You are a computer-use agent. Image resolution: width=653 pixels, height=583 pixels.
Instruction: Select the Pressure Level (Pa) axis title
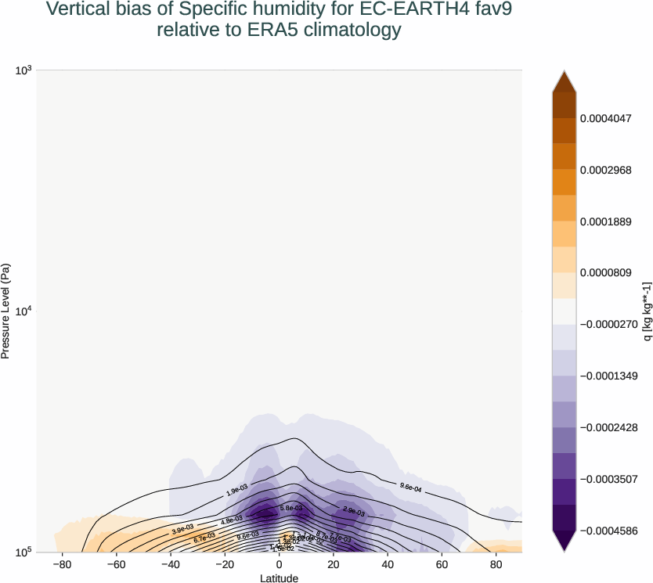click(6, 311)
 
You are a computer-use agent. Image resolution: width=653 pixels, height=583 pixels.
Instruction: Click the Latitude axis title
click(280, 578)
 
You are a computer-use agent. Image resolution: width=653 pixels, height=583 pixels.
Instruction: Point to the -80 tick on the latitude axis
click(62, 563)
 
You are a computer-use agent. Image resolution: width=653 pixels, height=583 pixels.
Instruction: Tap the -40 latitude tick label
click(170, 563)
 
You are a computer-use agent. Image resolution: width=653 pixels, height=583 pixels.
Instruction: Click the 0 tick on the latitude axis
click(280, 563)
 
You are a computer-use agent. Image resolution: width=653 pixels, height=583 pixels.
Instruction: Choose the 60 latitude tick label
click(442, 563)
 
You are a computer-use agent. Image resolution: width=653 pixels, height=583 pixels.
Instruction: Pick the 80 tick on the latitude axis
click(496, 563)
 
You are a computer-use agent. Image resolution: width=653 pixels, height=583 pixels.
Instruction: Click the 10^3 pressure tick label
click(23, 71)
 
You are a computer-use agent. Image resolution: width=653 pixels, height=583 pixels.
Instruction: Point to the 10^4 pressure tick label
click(23, 311)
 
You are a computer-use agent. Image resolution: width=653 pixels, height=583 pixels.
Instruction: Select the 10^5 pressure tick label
click(23, 552)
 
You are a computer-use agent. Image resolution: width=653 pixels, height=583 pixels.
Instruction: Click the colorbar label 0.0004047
click(610, 118)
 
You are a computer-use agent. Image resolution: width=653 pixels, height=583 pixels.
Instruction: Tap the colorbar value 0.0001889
click(610, 221)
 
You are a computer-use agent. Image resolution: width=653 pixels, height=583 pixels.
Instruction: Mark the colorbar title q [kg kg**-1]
click(644, 311)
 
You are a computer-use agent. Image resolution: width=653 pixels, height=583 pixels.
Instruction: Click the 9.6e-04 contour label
click(410, 488)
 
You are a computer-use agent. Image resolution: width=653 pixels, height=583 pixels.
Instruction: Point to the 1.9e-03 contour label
click(236, 491)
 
